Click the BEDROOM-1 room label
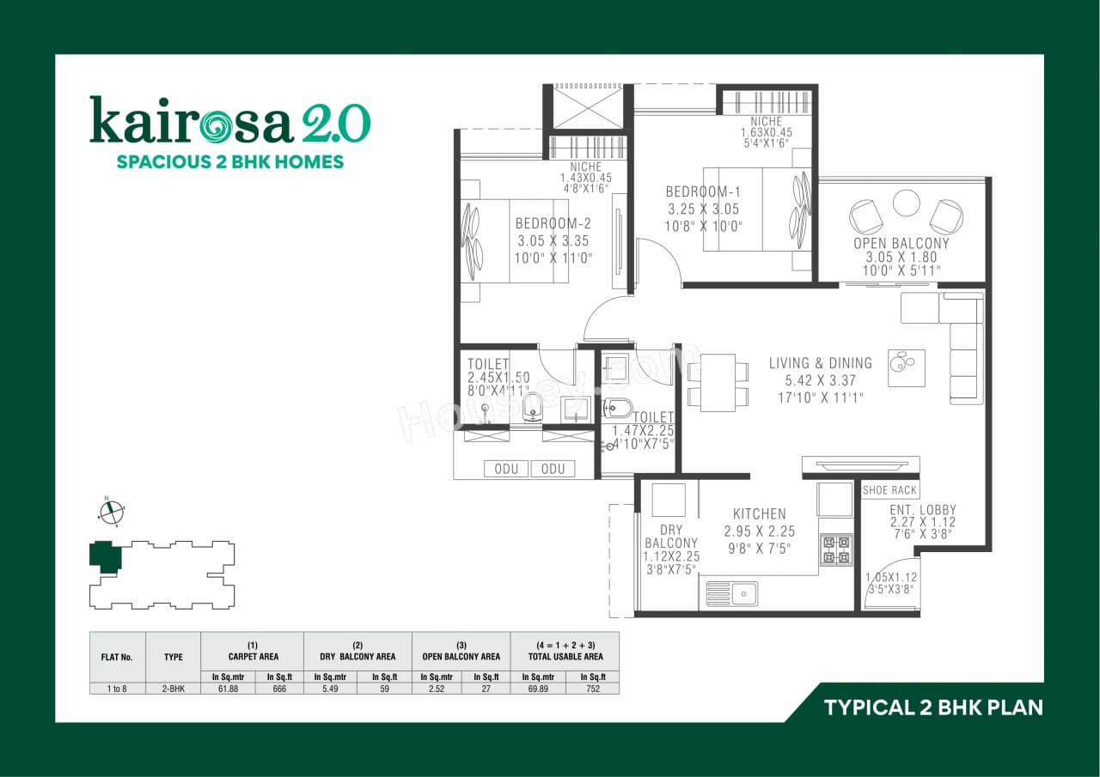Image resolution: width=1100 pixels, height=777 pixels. tap(702, 191)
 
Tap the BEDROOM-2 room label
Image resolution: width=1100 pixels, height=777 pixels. tap(553, 223)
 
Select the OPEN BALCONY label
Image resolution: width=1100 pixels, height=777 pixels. tap(901, 243)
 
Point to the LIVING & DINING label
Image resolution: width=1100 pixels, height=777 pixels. tap(820, 363)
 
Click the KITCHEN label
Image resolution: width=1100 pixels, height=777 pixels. tap(760, 514)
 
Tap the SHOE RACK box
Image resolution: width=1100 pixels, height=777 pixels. tap(891, 490)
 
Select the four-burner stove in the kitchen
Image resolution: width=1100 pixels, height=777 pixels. tap(836, 549)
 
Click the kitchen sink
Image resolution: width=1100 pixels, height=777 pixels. tap(731, 593)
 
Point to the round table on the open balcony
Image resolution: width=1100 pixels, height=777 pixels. tap(906, 203)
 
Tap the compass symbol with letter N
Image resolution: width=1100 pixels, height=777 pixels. tap(111, 512)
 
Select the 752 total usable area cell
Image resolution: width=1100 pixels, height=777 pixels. tap(593, 688)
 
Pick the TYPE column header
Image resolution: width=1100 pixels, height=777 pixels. tap(173, 657)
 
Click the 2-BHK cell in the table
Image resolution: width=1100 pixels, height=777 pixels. tap(173, 688)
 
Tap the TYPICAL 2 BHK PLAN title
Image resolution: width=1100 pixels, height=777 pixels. tap(933, 707)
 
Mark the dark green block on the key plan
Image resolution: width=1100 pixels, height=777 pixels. tap(105, 555)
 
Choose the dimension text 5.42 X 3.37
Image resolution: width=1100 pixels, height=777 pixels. tap(820, 379)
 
